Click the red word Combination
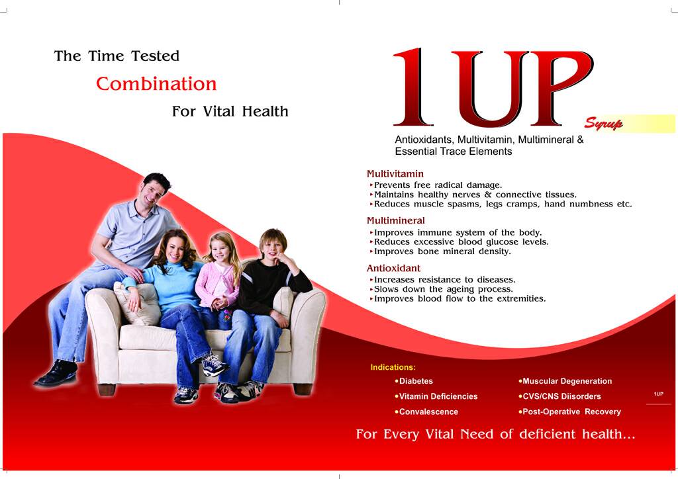click(156, 84)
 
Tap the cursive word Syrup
click(604, 124)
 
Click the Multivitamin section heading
click(395, 173)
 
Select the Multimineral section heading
click(396, 221)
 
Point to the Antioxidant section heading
click(393, 268)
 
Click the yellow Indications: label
click(393, 367)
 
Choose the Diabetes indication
click(414, 381)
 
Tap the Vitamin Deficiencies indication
click(436, 396)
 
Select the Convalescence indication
click(426, 412)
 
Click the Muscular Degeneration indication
click(565, 381)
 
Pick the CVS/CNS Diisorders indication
click(560, 396)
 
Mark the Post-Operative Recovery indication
click(570, 412)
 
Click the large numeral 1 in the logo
click(413, 87)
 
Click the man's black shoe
click(57, 373)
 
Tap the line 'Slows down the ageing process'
click(443, 289)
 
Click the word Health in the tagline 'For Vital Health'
click(265, 111)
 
